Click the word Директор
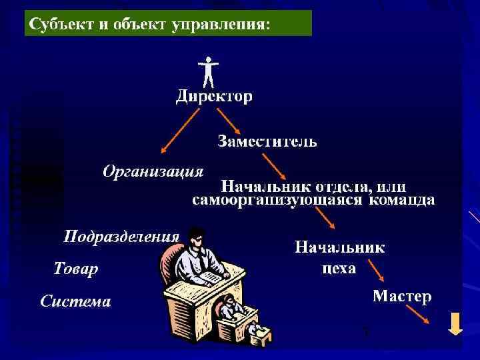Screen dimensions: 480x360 coord(214,97)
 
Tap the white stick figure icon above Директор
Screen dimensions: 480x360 coord(208,71)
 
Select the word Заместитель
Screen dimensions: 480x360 coord(267,141)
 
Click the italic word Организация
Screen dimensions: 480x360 coord(153,172)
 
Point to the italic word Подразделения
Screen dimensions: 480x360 coord(121,237)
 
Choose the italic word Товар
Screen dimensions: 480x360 coord(75,269)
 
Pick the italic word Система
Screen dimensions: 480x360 coord(75,301)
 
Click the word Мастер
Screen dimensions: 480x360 coord(402,296)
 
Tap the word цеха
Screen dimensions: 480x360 coord(339,269)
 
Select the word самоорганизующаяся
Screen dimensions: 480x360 coord(277,200)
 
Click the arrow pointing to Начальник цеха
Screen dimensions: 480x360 coord(323,217)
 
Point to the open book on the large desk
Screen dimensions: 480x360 coord(212,275)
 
